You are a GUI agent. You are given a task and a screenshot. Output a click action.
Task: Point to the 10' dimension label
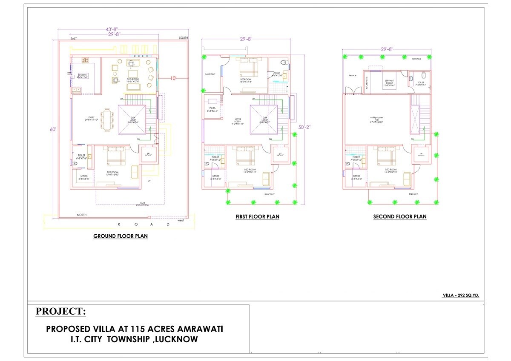tap(174, 79)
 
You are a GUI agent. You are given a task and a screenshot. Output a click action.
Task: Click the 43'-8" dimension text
tap(112, 29)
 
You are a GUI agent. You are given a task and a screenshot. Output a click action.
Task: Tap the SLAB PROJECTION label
tap(142, 204)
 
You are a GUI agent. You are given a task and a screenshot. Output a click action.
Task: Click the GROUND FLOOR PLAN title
tap(121, 236)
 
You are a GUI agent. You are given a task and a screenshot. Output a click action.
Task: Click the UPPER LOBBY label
tap(238, 120)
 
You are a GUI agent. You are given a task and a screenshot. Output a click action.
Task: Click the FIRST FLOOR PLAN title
tap(257, 217)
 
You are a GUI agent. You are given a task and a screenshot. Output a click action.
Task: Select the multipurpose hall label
tap(376, 120)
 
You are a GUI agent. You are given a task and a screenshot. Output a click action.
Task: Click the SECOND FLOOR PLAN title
tap(399, 217)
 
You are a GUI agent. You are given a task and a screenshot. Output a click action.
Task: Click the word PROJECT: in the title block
tap(60, 312)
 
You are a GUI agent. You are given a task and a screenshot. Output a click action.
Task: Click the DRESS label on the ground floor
tap(83, 176)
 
